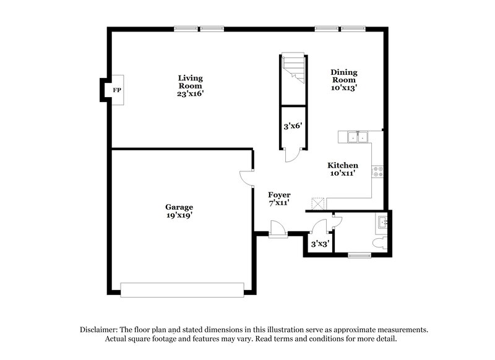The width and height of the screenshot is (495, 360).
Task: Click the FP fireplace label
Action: pyautogui.click(x=116, y=90)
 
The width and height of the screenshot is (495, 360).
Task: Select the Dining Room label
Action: pyautogui.click(x=344, y=80)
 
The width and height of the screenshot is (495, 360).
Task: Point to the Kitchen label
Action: pyautogui.click(x=343, y=169)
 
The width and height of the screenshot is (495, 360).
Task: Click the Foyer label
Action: pyautogui.click(x=279, y=199)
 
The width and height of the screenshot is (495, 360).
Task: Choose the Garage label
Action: pyautogui.click(x=179, y=211)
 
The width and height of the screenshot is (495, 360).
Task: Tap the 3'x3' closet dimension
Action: pyautogui.click(x=319, y=244)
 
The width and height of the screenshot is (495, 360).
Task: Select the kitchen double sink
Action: pyautogui.click(x=358, y=137)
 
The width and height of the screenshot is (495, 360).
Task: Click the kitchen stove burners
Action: pyautogui.click(x=378, y=171)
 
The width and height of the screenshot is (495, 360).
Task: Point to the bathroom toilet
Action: pyautogui.click(x=380, y=242)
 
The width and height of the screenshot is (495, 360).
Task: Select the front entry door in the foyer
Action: pyautogui.click(x=278, y=230)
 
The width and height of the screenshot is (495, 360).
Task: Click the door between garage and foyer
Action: pyautogui.click(x=246, y=178)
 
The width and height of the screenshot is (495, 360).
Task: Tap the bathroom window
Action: pyautogui.click(x=359, y=254)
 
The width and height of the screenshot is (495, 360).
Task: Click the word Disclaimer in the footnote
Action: pyautogui.click(x=100, y=330)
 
